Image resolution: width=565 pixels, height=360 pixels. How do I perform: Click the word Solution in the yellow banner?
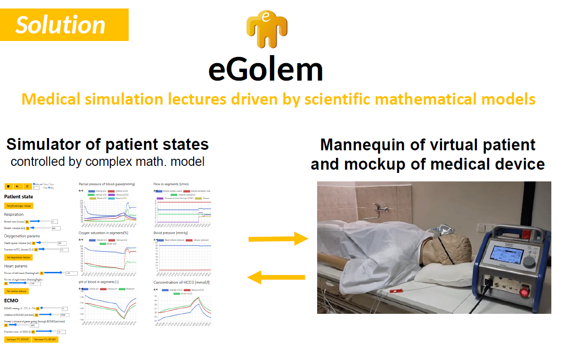tap(60, 25)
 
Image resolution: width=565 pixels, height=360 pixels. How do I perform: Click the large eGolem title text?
tap(266, 70)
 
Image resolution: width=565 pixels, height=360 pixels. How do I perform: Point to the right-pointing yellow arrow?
tap(278, 239)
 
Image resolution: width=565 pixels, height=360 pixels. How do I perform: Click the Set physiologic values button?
tap(18, 206)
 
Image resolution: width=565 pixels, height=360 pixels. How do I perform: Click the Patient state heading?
tap(18, 196)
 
